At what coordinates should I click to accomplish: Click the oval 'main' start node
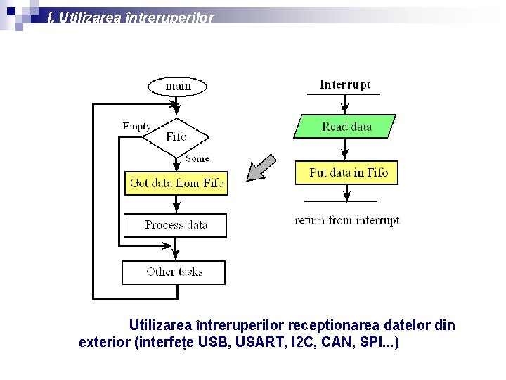[178, 87]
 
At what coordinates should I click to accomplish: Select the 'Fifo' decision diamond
[176, 136]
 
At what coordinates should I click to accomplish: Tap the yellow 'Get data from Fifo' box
[176, 184]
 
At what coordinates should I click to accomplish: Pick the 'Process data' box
[176, 225]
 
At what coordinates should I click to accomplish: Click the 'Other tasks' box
[174, 272]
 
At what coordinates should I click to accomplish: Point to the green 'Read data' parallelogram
[346, 127]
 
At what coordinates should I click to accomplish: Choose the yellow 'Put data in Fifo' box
[347, 172]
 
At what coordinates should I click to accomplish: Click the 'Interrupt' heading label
[345, 85]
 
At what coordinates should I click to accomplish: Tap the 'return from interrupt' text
[347, 220]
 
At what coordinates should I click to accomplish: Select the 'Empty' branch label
[137, 127]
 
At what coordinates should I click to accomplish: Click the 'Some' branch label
[197, 159]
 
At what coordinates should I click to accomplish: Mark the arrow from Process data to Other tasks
[175, 249]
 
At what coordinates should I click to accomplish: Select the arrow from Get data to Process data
[175, 204]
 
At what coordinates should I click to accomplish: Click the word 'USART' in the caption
[258, 343]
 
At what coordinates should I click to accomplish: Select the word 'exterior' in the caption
[104, 343]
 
